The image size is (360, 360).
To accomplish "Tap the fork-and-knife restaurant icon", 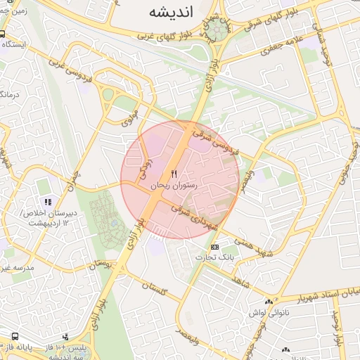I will [174, 174].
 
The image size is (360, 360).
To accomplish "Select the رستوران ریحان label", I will [174, 185].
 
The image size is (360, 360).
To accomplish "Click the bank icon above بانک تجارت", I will [214, 247].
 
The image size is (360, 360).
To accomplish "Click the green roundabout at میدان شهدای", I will [215, 30].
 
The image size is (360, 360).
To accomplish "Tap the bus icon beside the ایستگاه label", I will [3, 34].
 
